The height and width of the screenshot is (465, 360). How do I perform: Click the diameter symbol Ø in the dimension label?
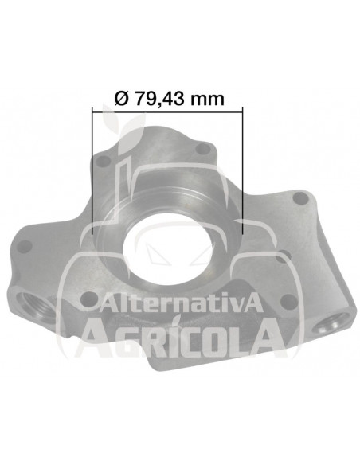click(121, 99)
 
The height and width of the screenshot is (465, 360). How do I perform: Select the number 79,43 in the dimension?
click(159, 99)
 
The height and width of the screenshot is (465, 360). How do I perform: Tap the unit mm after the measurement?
click(207, 100)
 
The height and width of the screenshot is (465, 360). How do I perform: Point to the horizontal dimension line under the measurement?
click(167, 111)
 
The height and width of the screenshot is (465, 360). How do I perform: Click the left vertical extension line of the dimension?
click(92, 170)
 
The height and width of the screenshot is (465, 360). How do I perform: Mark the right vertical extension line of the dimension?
click(243, 170)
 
